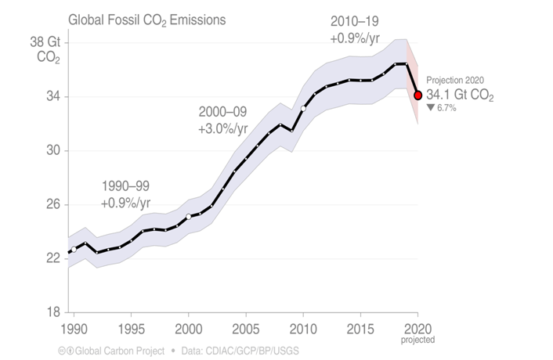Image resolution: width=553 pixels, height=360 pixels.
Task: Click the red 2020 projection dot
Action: tap(418, 95)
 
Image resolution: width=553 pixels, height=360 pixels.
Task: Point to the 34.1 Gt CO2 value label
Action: tap(461, 95)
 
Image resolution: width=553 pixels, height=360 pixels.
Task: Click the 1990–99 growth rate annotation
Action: tap(125, 194)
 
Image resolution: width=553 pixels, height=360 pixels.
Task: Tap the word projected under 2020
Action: tap(417, 340)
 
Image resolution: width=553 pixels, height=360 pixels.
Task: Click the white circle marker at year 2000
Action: tap(189, 217)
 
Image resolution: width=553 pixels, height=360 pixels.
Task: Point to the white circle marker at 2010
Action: tap(304, 108)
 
